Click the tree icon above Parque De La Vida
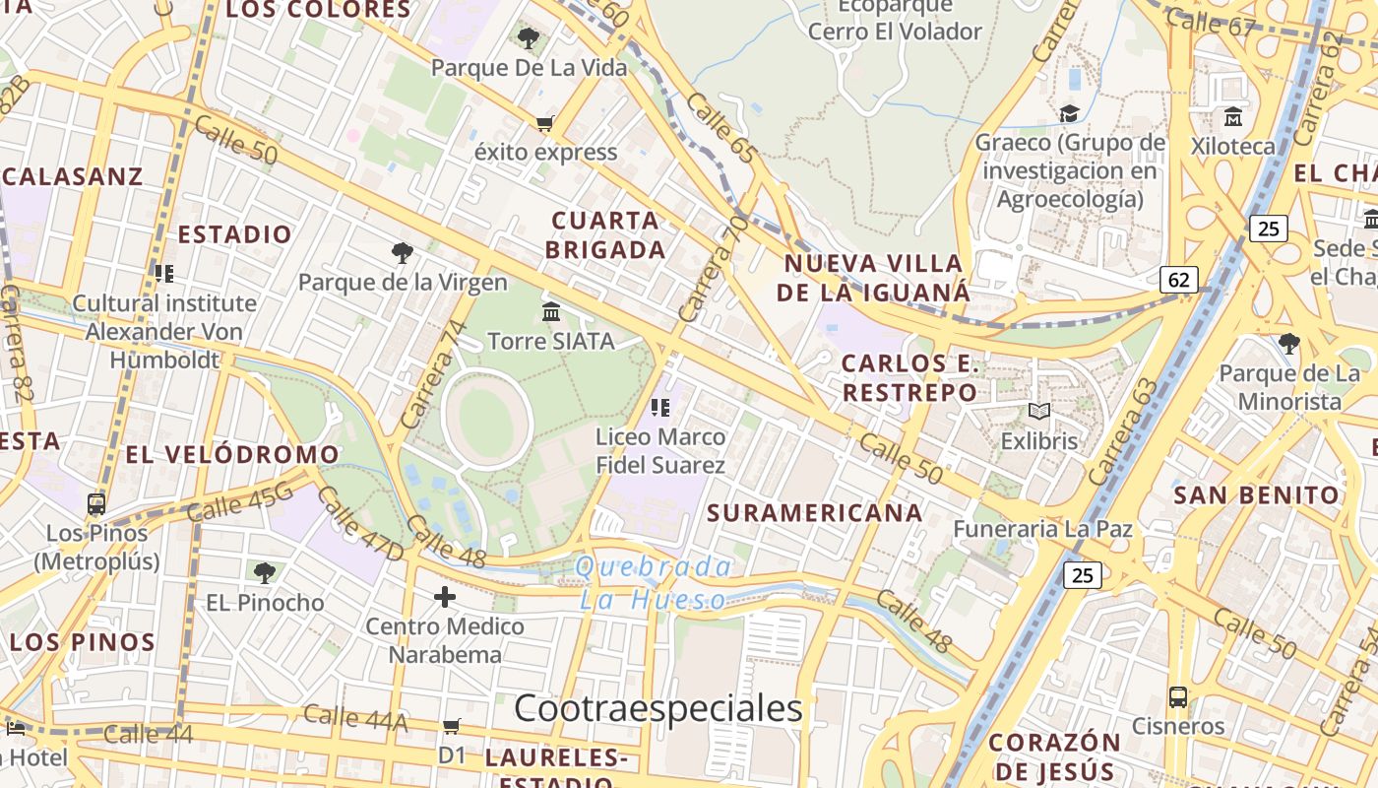(x=529, y=38)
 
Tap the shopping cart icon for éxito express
(x=544, y=123)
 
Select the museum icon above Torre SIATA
(x=551, y=311)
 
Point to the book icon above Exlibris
(x=1039, y=411)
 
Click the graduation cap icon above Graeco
(x=1070, y=113)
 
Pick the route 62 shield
(x=1178, y=280)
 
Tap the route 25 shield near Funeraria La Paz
(x=1082, y=574)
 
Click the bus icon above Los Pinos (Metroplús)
(x=96, y=504)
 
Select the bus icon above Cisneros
(x=1178, y=697)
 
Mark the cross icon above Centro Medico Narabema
(x=445, y=596)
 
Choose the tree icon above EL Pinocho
(x=264, y=572)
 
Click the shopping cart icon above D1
(x=452, y=726)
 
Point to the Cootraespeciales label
(x=658, y=708)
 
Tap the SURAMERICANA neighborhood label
(x=815, y=512)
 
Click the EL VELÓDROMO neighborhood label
(x=232, y=455)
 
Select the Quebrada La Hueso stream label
(x=654, y=583)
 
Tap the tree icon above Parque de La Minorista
(x=1289, y=344)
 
